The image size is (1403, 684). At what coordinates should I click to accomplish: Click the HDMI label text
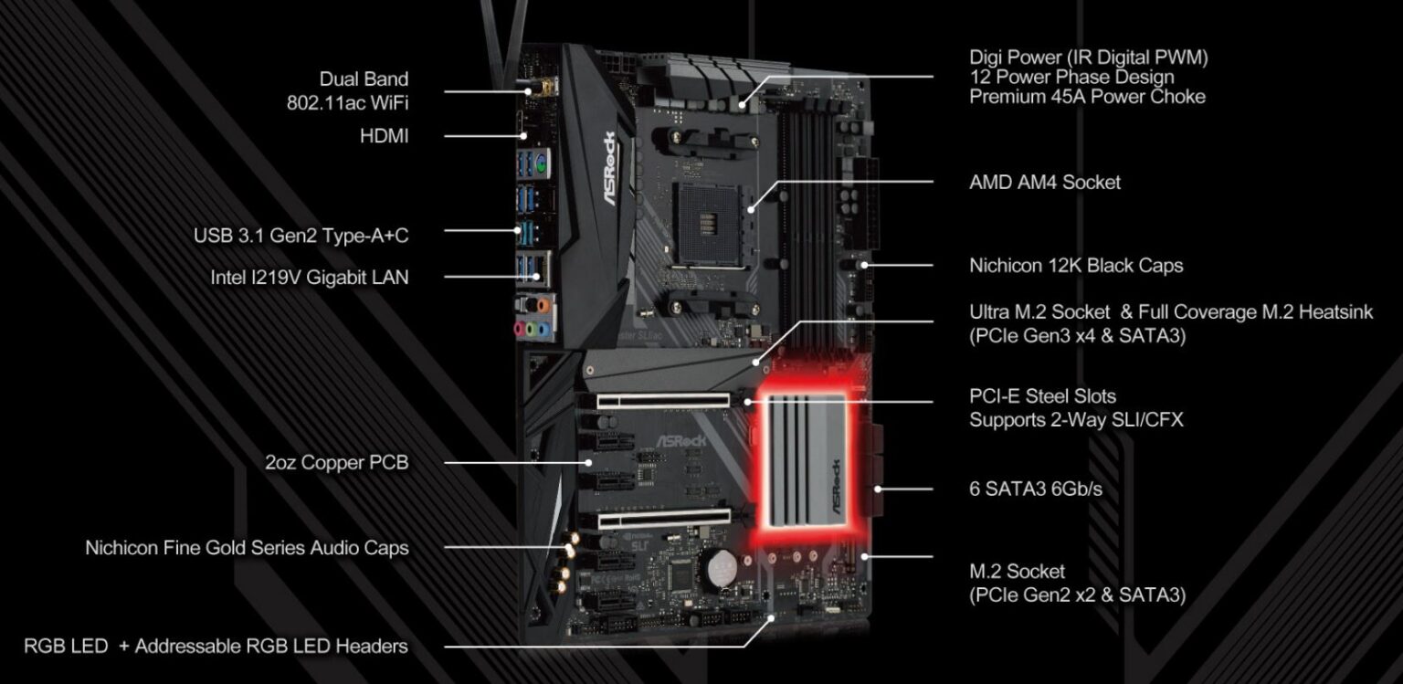pos(384,136)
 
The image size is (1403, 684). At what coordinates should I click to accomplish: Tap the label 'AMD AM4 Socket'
pos(1044,182)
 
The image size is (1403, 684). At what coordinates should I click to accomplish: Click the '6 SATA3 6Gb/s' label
pos(1035,489)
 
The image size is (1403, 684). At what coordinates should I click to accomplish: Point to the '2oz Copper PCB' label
pos(336,462)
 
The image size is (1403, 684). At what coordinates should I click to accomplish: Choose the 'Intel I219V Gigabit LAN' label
pos(309,277)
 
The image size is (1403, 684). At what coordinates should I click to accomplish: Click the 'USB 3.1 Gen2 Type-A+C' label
pos(301,236)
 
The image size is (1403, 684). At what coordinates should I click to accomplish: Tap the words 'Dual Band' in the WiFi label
pos(364,79)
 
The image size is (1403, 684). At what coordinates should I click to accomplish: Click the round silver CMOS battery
pos(717,565)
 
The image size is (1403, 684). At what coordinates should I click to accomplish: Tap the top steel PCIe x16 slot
pos(662,399)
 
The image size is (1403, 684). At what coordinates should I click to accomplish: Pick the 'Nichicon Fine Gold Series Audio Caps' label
pos(247,548)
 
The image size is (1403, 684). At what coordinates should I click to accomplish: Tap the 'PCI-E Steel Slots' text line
pos(1042,397)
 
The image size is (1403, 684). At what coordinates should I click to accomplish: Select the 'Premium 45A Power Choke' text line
pos(1087,97)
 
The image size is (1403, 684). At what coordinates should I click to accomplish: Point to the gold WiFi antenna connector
pos(536,90)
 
